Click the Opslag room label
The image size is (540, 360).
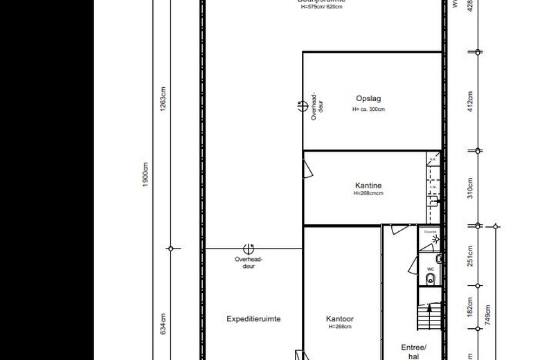[x=368, y=98]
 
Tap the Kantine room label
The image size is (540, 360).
[x=368, y=186]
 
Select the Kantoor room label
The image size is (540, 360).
[x=340, y=319]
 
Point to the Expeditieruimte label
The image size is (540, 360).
[x=253, y=319]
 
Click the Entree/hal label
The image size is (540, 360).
[x=414, y=352]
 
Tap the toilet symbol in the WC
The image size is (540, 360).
[x=430, y=278]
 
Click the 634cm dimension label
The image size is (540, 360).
[x=163, y=323]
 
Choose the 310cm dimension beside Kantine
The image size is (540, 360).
[x=470, y=187]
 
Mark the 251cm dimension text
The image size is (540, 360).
[x=470, y=255]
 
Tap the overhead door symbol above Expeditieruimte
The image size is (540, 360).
[x=248, y=249]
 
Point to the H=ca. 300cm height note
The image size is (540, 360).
[x=368, y=109]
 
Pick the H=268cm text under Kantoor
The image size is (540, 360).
[x=340, y=327]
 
